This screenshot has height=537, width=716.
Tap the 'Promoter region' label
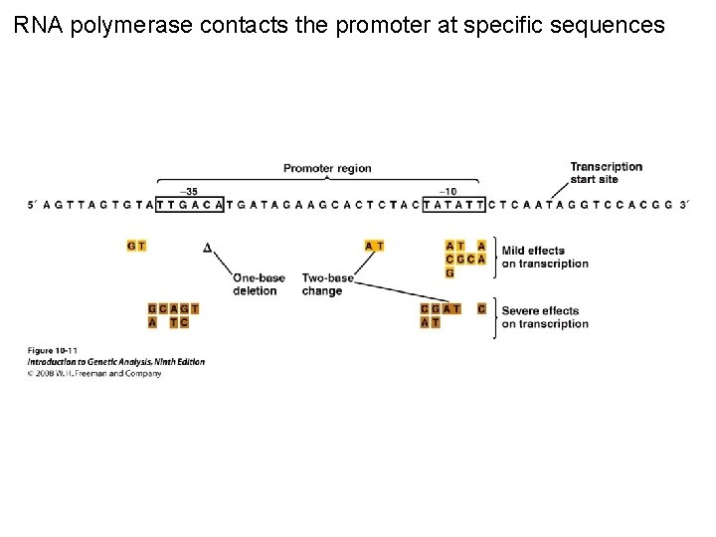327,168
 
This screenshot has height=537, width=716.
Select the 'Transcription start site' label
606,172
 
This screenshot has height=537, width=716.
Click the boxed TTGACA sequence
196,205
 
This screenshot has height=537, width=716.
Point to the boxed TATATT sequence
453,205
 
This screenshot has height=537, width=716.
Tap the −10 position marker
448,191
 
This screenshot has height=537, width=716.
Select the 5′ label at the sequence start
34,205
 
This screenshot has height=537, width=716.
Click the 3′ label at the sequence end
682,205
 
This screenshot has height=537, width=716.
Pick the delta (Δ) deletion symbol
207,247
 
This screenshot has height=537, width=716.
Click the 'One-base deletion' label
255,284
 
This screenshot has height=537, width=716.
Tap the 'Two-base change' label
321,284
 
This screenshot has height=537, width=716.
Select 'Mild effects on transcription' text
545,258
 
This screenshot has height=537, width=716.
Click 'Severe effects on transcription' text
545,316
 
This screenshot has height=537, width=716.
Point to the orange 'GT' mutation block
136,246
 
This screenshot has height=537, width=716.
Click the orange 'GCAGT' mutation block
173,309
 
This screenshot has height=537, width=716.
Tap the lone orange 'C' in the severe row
481,309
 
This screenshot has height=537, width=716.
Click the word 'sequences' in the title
609,25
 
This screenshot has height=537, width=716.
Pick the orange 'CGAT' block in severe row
441,309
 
